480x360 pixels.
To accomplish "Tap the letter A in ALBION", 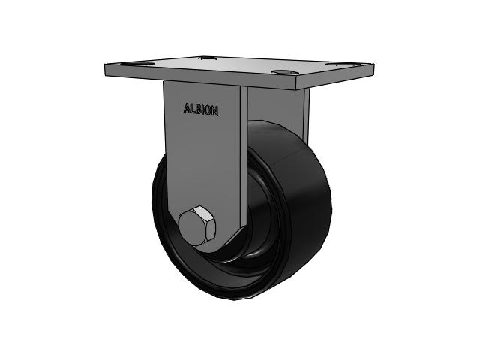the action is pyautogui.click(x=187, y=108).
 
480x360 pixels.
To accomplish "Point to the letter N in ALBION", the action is pyautogui.click(x=215, y=112).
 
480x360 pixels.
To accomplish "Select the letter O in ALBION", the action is pyautogui.click(x=208, y=111).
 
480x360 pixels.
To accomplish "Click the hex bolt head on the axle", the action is pyautogui.click(x=197, y=226).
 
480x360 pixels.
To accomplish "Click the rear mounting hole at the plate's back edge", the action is pyautogui.click(x=207, y=57).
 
